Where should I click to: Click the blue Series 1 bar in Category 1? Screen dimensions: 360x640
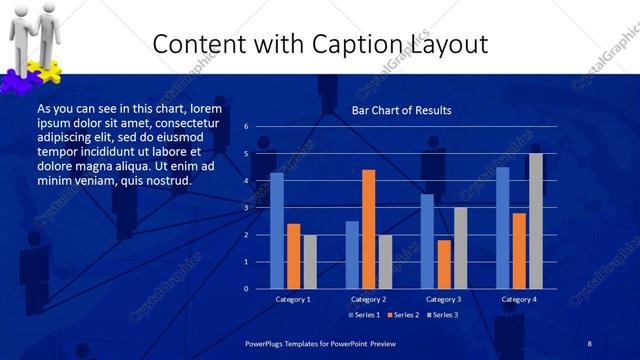[x=277, y=230]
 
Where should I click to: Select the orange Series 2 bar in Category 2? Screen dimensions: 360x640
[x=369, y=229]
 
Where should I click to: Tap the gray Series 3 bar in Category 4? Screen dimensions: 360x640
[x=536, y=221]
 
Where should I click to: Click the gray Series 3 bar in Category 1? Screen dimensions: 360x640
[x=310, y=261]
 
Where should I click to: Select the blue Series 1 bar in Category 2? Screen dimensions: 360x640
[x=352, y=254]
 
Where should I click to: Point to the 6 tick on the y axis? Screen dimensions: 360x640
[x=246, y=127]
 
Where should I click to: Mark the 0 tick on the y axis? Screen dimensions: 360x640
[x=246, y=289]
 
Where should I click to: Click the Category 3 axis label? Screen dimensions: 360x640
[x=443, y=299]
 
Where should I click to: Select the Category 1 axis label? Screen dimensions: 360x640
[x=293, y=299]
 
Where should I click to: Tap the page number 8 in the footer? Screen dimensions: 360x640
[x=589, y=343]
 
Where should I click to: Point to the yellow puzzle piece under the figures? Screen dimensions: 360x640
[x=48, y=70]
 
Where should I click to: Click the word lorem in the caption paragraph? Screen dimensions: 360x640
[x=205, y=108]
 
